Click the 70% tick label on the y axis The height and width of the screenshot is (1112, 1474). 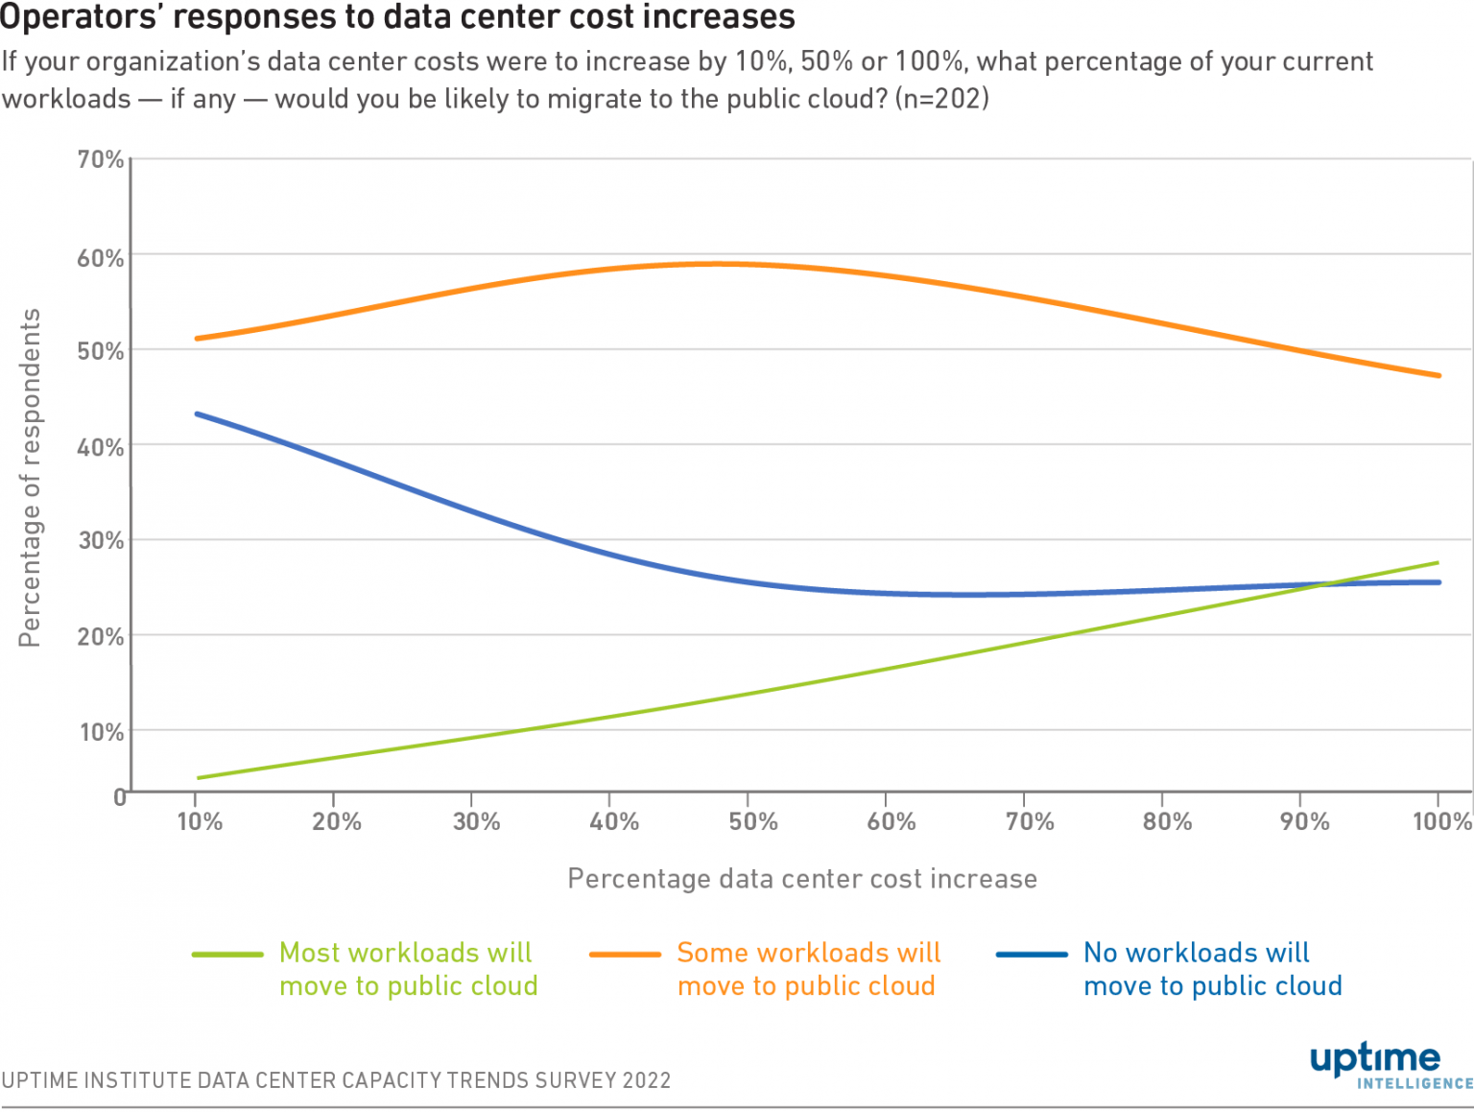pos(101,159)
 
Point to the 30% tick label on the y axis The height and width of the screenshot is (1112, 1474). pos(101,540)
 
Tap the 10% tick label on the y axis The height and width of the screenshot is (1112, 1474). pos(101,733)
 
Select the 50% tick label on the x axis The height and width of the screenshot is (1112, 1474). pos(752,821)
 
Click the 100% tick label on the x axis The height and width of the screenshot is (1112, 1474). pos(1441,821)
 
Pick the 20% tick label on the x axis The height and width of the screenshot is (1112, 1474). pos(337,821)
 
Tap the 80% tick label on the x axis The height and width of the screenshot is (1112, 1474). pos(1167,821)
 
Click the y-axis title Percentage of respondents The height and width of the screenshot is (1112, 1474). pos(31,477)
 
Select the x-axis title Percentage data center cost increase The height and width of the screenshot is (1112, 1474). pos(802,879)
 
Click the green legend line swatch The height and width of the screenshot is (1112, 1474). pos(227,955)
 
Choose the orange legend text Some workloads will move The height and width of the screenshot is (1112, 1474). pos(808,969)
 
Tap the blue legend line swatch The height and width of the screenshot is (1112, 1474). pos(1032,955)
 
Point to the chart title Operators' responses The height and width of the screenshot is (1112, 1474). pos(397,16)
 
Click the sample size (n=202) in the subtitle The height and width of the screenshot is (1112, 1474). pos(941,99)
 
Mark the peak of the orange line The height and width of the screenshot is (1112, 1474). pos(715,264)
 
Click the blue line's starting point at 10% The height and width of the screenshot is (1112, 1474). pos(198,414)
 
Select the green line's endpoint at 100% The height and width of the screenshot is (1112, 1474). pos(1438,562)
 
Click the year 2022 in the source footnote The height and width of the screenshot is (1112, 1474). pos(646,1080)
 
